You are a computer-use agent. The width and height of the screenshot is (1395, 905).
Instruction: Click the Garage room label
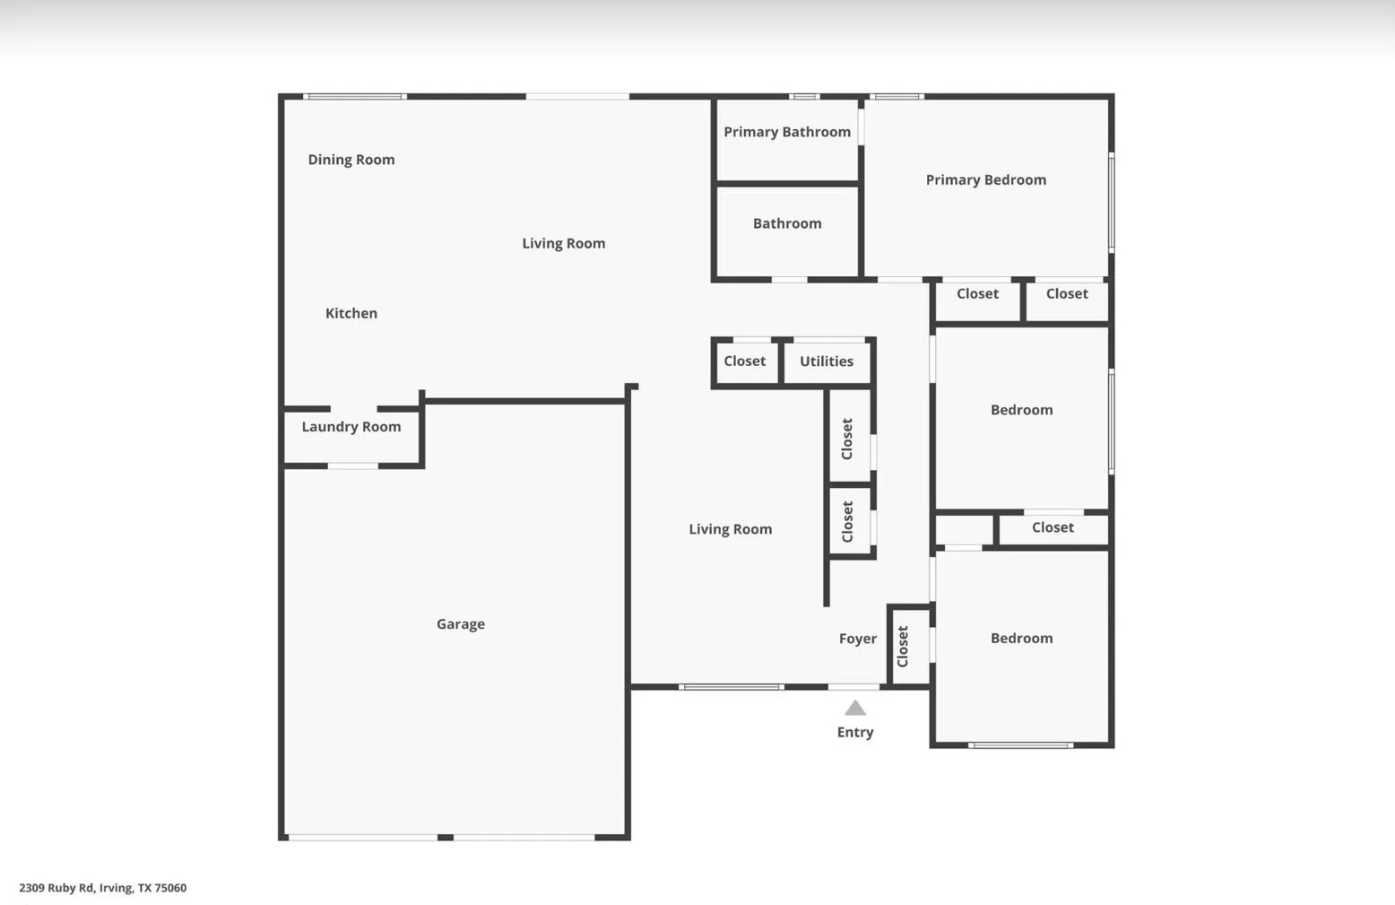pos(460,624)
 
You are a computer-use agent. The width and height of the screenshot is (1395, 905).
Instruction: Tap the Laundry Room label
pos(351,427)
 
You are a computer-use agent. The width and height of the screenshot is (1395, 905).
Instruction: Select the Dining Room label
pos(351,160)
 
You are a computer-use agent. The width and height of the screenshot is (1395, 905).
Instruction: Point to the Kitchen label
pos(351,313)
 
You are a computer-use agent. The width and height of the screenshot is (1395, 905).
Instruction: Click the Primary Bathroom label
pos(786,132)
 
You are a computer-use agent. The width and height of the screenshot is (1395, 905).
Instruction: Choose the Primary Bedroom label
pos(985,179)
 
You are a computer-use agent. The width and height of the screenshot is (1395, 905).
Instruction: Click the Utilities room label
pos(826,361)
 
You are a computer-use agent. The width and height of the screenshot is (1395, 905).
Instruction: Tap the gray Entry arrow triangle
pos(855,709)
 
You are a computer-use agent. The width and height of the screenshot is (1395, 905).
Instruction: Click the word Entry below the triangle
pos(854,732)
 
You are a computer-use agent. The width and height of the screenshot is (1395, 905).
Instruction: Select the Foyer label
pos(857,639)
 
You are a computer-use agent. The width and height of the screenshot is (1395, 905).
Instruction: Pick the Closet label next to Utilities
pos(744,361)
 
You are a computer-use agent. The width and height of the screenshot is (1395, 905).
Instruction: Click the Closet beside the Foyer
pos(903,647)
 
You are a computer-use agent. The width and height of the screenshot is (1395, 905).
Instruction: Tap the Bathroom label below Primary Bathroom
pos(786,223)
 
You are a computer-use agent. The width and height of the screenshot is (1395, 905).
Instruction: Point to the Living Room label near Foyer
pos(730,529)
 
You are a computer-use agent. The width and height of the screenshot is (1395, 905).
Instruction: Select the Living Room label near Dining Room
pos(563,243)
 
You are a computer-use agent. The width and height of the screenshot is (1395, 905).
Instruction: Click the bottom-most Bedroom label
pos(1021,639)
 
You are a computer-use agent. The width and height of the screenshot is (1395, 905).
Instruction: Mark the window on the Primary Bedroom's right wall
pos(1111,202)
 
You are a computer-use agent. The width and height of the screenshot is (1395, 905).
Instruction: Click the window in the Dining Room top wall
pos(355,96)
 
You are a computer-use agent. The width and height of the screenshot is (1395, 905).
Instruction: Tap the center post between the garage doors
pos(445,837)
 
